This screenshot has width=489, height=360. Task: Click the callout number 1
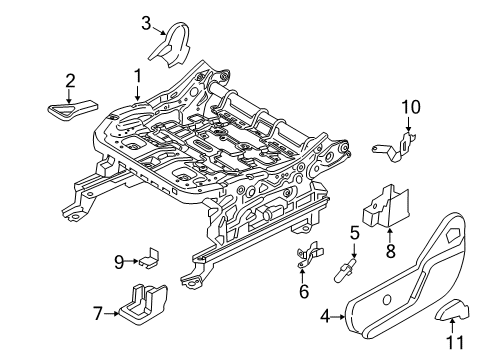tap(137, 76)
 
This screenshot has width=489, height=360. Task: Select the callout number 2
tap(70, 81)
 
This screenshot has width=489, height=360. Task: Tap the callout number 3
tap(146, 23)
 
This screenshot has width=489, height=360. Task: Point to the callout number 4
tap(325, 318)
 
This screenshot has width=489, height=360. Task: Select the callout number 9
tap(118, 263)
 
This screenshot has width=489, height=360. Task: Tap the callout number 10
tap(411, 107)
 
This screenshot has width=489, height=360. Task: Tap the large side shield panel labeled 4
tap(400, 280)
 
